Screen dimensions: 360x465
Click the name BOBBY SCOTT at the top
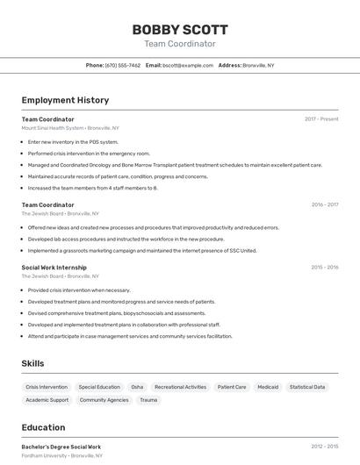(179, 29)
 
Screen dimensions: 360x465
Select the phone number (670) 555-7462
(122, 65)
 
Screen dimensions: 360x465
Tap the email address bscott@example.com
(188, 65)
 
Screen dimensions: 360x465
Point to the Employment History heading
(65, 100)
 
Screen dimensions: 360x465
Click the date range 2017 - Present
(321, 119)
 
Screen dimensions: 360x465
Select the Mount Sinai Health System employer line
(70, 128)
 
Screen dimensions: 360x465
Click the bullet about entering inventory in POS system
(73, 141)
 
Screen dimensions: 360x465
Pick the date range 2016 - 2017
(325, 205)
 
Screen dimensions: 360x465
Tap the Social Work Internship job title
(54, 267)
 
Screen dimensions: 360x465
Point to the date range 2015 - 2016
(325, 267)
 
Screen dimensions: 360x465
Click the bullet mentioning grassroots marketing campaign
(142, 250)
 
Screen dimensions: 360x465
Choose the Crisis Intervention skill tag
(47, 387)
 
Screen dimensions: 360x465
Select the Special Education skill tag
(99, 387)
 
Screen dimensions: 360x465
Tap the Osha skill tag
(137, 387)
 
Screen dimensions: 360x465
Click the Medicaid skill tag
(268, 387)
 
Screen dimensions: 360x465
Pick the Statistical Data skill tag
(307, 387)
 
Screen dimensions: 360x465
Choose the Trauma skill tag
(148, 400)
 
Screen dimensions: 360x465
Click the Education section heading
(43, 427)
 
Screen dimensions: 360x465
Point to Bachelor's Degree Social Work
(61, 447)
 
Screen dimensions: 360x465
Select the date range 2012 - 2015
(325, 447)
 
